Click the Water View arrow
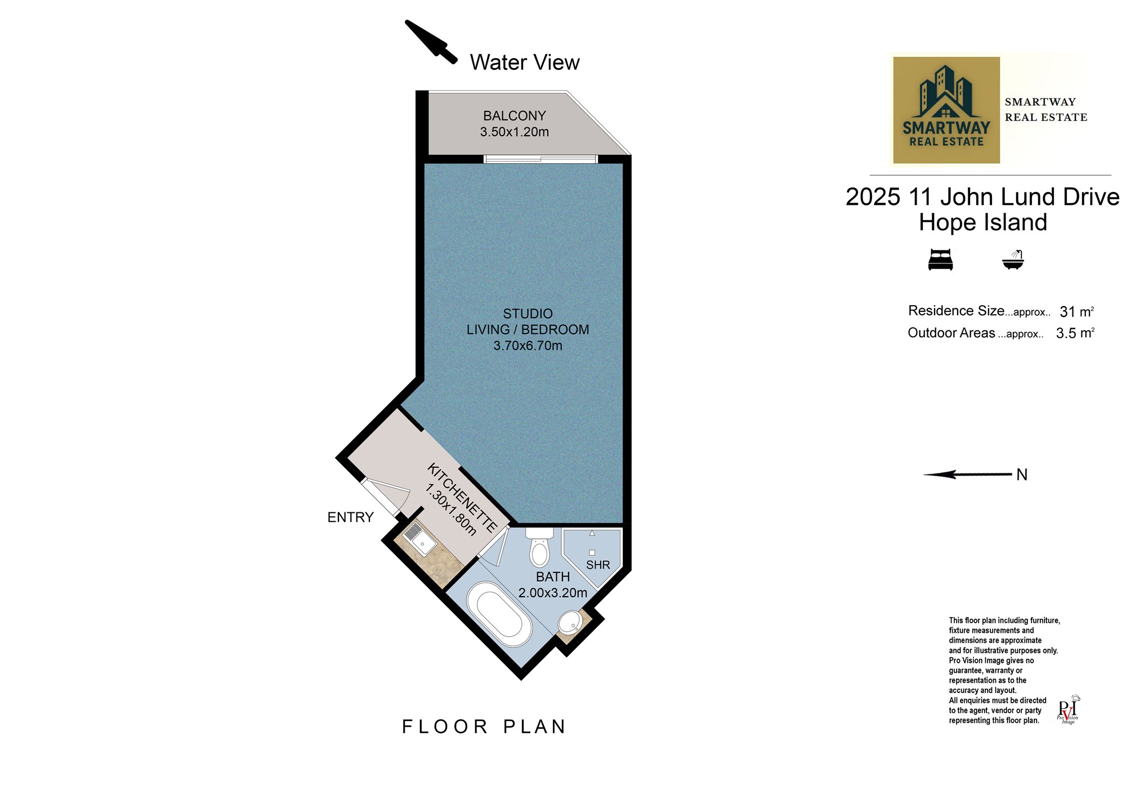(x=431, y=42)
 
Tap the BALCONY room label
(x=515, y=116)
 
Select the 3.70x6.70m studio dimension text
(x=528, y=346)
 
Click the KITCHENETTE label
(x=462, y=498)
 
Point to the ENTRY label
(x=350, y=517)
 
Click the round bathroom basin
(x=570, y=623)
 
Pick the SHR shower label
(x=598, y=565)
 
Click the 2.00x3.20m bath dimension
(x=553, y=593)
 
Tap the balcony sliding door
(x=540, y=159)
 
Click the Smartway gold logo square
(x=946, y=110)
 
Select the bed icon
(x=940, y=261)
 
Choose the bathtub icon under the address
(x=1013, y=260)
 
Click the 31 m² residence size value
(x=1076, y=311)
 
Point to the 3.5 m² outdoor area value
(x=1075, y=333)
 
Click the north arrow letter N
(x=1022, y=475)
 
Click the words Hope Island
(x=983, y=222)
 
